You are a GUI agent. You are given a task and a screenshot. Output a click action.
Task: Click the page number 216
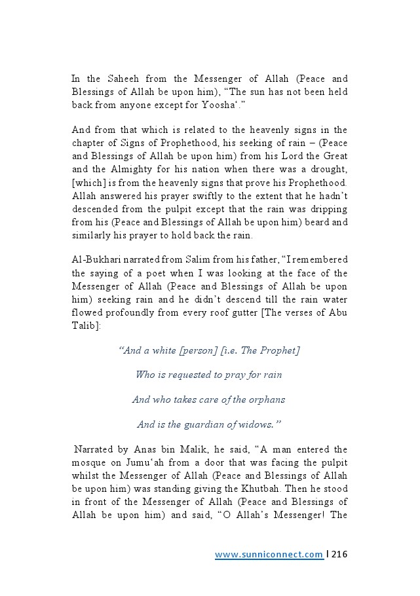click(x=339, y=554)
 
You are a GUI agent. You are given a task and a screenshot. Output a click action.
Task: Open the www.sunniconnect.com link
click(x=269, y=555)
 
